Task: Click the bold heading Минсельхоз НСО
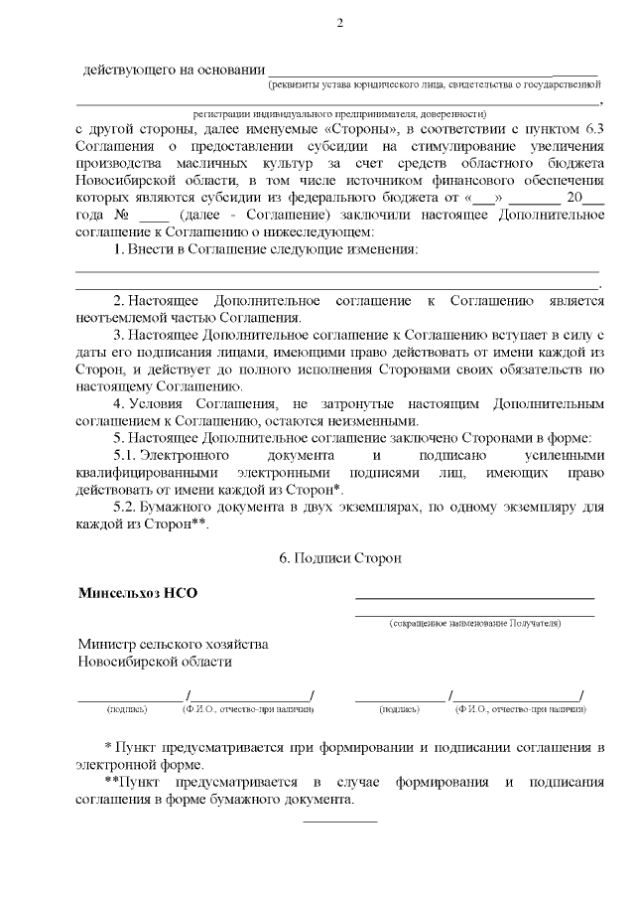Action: coord(138,594)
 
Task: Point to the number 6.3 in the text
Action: coord(592,130)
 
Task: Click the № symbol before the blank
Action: coord(124,215)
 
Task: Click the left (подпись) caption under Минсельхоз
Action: coord(126,710)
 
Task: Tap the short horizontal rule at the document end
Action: coord(339,822)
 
